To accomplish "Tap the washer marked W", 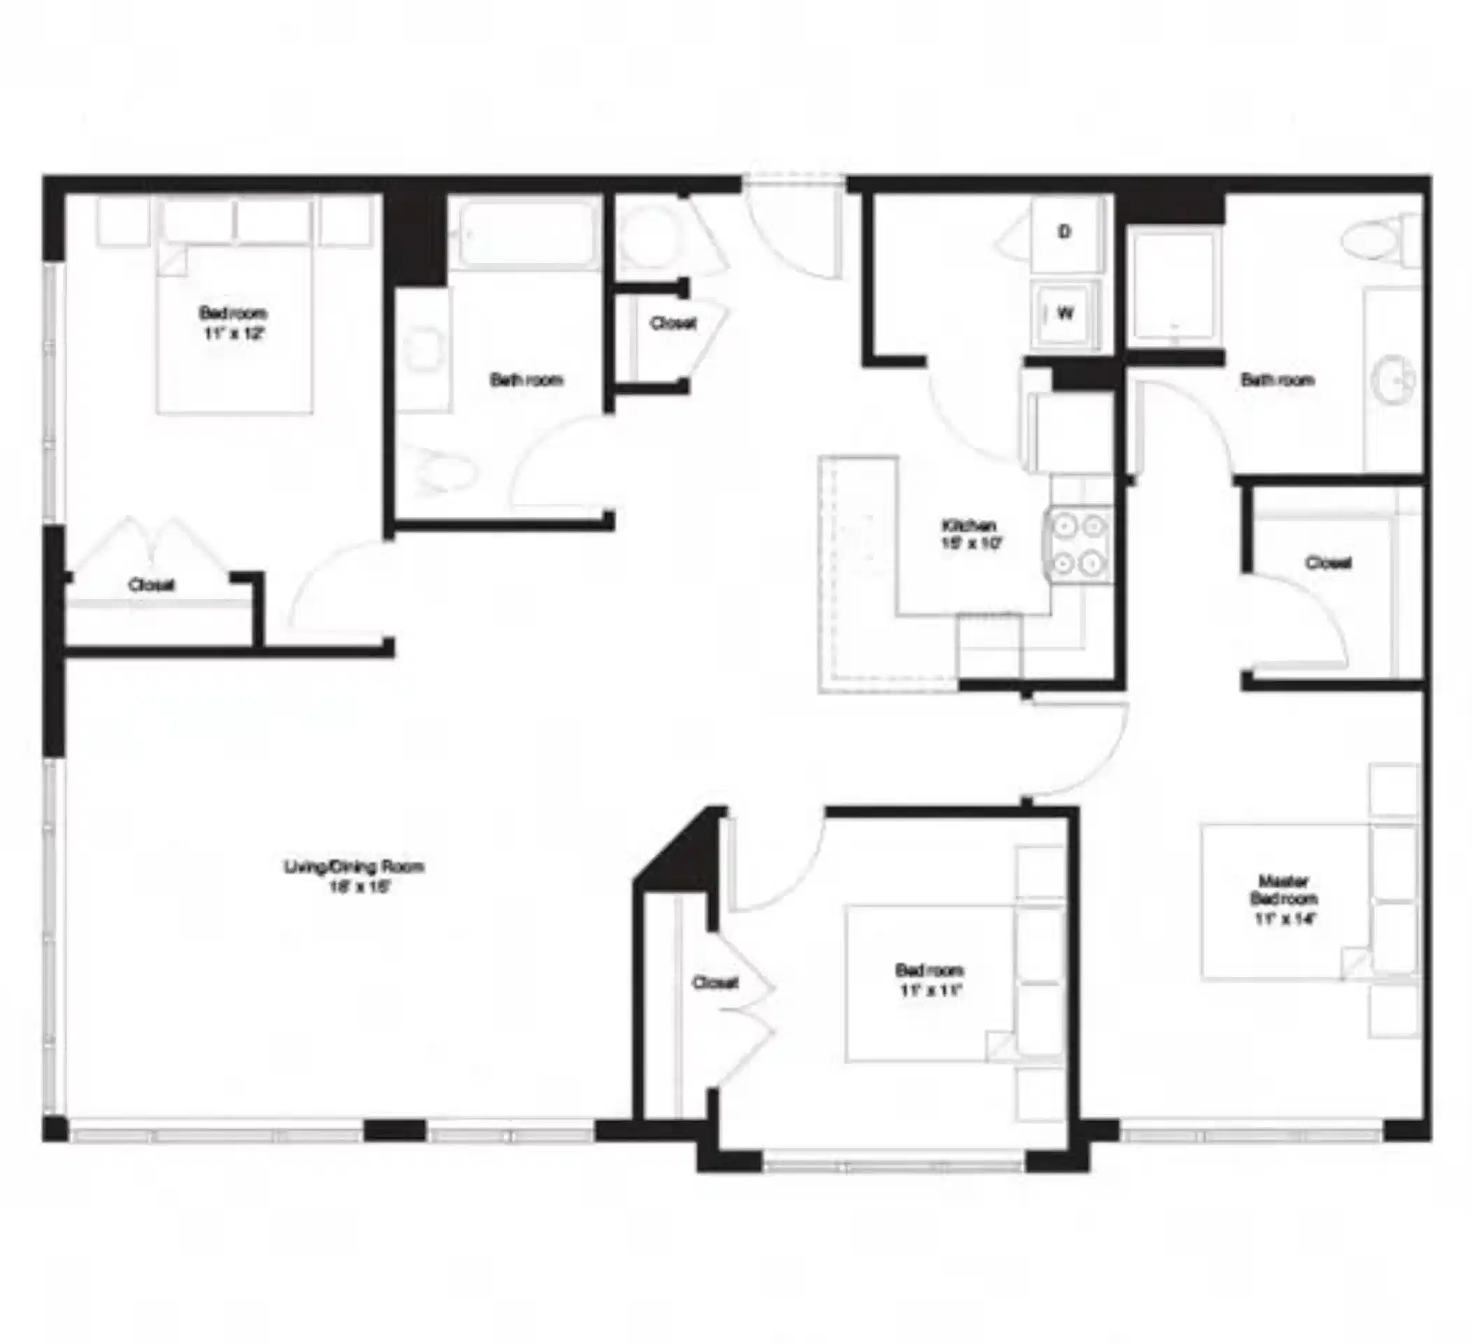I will [x=1066, y=314].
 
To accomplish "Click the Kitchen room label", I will [x=969, y=526].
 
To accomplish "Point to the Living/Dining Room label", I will [x=354, y=867].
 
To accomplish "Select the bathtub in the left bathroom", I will [x=524, y=234].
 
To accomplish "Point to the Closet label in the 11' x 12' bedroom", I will [x=151, y=585].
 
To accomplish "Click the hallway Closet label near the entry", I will [x=672, y=323].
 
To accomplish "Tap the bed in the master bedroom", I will [x=1285, y=902].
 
